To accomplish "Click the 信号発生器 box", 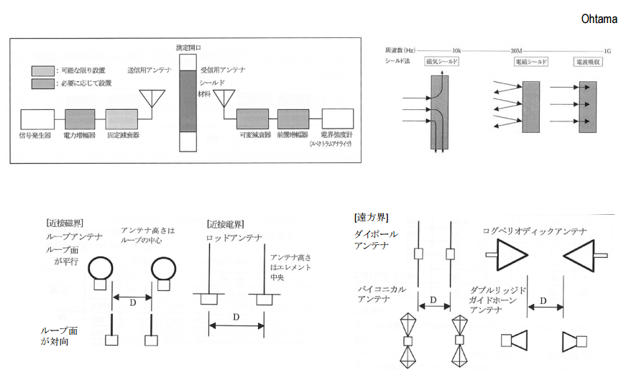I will pyautogui.click(x=37, y=119).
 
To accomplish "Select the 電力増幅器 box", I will pyautogui.click(x=80, y=119).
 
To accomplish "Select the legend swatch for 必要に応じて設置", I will pyautogui.click(x=42, y=83).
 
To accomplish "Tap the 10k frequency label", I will pyautogui.click(x=456, y=51).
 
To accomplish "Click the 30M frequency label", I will pyautogui.click(x=515, y=51).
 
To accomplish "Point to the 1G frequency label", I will pyautogui.click(x=607, y=51).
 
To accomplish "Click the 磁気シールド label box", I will pyautogui.click(x=441, y=63).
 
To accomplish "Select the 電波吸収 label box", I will pyautogui.click(x=587, y=63).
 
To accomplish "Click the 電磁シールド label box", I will pyautogui.click(x=531, y=63).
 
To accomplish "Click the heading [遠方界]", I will pyautogui.click(x=369, y=216).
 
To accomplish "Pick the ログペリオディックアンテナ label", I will pyautogui.click(x=535, y=231).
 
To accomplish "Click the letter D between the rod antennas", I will pyautogui.click(x=236, y=316).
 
